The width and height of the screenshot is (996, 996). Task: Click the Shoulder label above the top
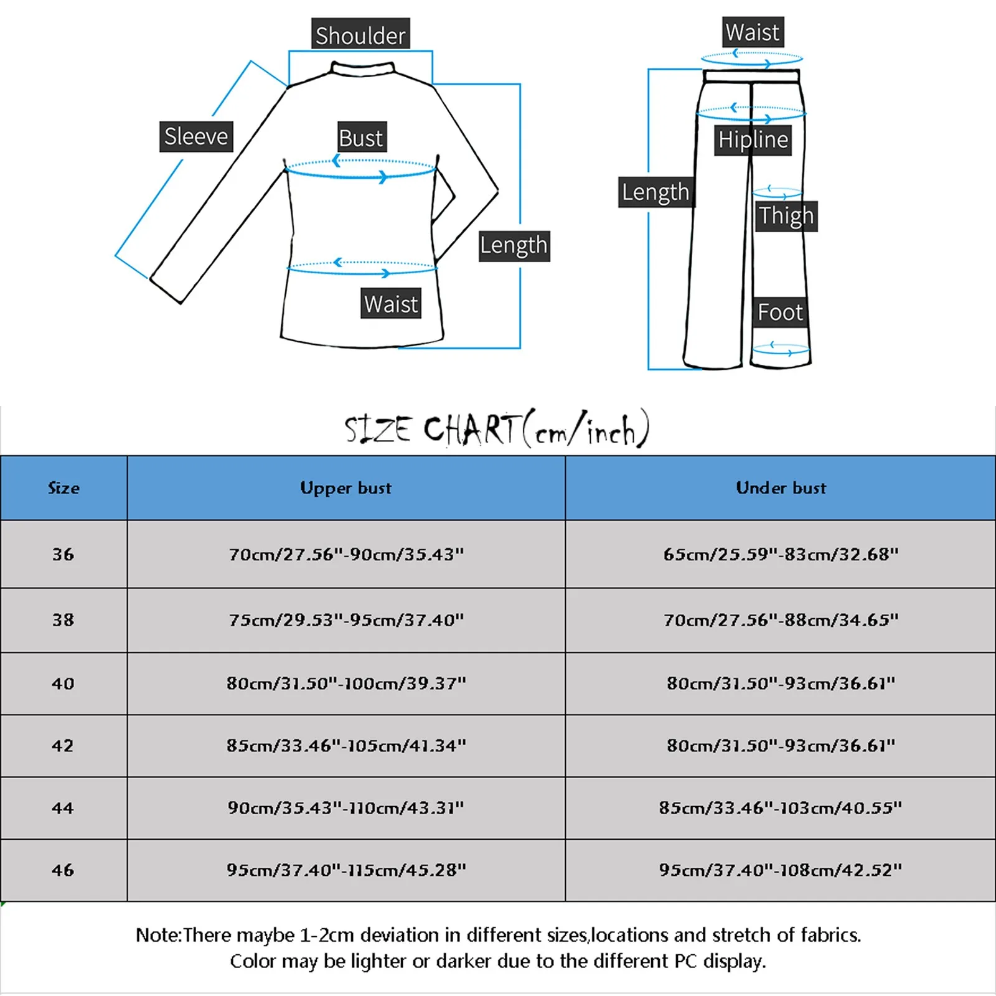click(360, 35)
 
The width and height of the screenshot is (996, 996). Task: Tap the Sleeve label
click(196, 136)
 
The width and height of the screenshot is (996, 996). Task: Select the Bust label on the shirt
click(361, 138)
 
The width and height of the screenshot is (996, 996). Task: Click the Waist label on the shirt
click(391, 304)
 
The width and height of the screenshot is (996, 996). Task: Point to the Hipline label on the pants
click(753, 139)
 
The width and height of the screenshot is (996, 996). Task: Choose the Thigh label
click(786, 216)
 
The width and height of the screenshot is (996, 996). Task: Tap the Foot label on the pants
click(780, 312)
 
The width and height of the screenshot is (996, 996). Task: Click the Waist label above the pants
click(753, 32)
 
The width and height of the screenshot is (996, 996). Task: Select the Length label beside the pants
click(655, 192)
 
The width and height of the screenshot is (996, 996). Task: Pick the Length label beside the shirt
click(514, 246)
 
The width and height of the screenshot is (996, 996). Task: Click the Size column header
click(63, 488)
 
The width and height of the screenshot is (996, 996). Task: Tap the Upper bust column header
click(346, 488)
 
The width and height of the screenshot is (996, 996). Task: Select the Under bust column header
click(781, 488)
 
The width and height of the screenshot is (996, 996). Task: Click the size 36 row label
click(63, 554)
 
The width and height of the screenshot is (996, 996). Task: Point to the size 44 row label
click(63, 808)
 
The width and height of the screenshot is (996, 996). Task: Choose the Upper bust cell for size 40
click(346, 684)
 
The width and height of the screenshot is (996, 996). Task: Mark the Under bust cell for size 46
click(781, 870)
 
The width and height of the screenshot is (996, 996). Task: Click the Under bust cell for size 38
click(781, 620)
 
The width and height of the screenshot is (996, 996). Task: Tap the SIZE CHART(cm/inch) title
click(497, 429)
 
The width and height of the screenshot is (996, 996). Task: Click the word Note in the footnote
click(157, 935)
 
